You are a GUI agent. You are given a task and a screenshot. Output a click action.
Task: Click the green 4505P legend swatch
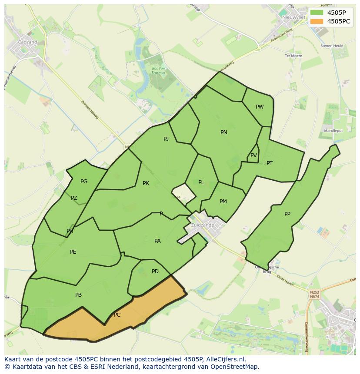[317, 12]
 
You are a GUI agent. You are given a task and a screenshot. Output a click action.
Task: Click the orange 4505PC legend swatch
[317, 21]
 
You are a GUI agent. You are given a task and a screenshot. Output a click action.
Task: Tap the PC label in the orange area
[117, 315]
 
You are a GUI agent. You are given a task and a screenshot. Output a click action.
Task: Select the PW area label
[260, 107]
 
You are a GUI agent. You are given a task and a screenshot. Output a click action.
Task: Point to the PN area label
[224, 132]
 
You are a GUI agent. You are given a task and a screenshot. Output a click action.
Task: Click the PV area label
[253, 156]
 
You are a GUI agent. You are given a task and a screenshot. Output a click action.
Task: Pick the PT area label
[270, 163]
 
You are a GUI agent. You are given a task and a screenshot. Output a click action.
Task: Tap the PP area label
[287, 214]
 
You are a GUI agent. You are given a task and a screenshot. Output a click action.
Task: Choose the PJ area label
[166, 139]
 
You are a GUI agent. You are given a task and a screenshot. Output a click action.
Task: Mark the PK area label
[146, 183]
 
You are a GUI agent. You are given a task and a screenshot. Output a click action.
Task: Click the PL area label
[201, 182]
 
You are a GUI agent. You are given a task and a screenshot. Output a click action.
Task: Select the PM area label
[223, 202]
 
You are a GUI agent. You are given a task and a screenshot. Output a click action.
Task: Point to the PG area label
[84, 182]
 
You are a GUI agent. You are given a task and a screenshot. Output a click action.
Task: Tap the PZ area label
[74, 198]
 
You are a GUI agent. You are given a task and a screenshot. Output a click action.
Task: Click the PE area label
[73, 252]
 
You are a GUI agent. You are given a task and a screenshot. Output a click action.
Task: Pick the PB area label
[78, 295]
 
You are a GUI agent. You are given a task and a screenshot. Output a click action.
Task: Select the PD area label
[155, 271]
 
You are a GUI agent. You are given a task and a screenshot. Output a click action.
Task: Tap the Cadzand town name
[28, 42]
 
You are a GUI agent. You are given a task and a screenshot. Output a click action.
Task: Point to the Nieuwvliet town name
[292, 17]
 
